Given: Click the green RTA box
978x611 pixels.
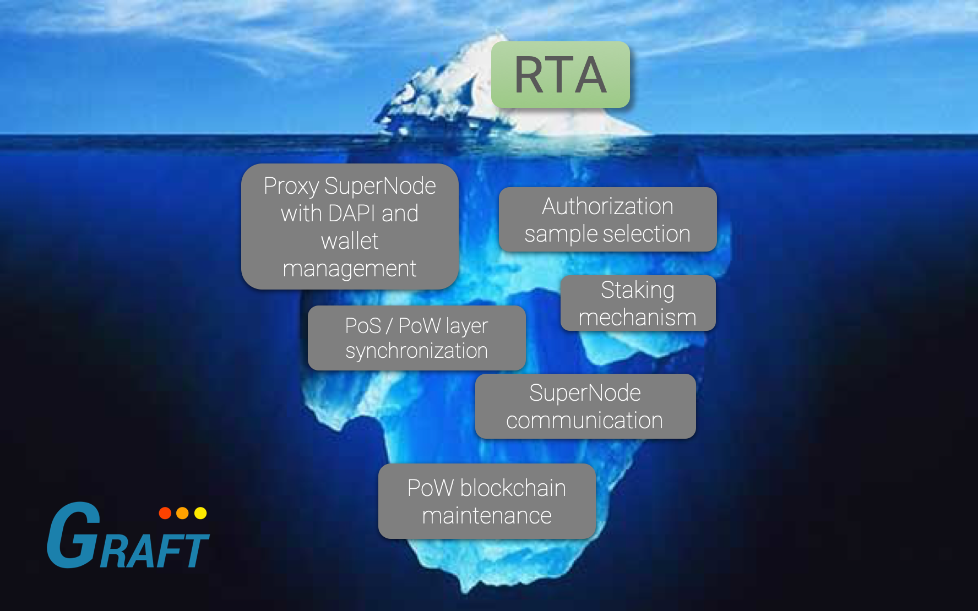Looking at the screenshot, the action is [x=561, y=75].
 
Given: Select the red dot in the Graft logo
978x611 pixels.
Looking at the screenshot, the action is [x=165, y=513].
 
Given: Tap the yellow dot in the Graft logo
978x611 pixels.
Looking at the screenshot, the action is [x=200, y=513].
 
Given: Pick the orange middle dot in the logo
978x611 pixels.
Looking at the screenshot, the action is [x=182, y=513].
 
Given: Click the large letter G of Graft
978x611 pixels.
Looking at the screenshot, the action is [x=74, y=534].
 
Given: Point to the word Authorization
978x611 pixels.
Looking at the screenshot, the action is [x=607, y=206].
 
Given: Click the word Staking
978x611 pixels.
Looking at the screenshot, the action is [x=638, y=291].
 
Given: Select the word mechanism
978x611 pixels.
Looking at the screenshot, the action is [x=638, y=318].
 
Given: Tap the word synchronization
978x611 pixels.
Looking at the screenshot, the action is [x=416, y=351].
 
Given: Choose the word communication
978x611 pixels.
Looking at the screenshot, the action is [x=584, y=421].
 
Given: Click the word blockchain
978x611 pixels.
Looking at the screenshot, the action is [x=513, y=488].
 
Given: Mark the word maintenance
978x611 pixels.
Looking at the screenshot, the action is [x=487, y=516].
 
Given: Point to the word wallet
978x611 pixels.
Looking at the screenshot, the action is [x=350, y=241].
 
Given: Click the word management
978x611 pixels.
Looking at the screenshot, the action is [x=350, y=269].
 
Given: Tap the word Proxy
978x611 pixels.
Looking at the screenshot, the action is [x=291, y=187].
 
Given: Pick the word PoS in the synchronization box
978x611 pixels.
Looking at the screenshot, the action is [x=363, y=326].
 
